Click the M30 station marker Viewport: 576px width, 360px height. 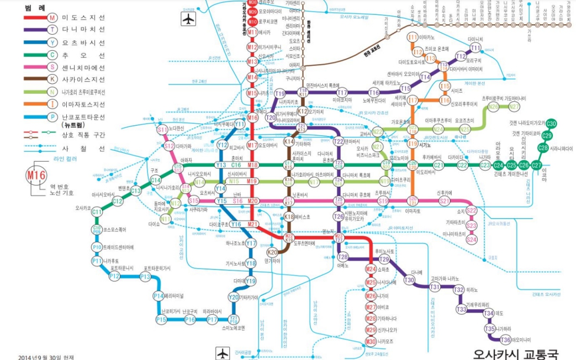click(371, 341)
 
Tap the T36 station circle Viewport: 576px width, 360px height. click(505, 340)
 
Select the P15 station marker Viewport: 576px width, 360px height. click(161, 320)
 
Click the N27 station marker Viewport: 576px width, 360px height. click(514, 107)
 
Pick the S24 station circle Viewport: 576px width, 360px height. click(471, 240)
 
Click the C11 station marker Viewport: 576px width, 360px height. click(97, 212)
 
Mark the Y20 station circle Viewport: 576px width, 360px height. click(233, 298)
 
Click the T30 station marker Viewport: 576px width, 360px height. click(409, 280)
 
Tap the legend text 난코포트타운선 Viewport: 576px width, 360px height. click(83, 117)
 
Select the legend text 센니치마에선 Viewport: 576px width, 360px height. click(83, 67)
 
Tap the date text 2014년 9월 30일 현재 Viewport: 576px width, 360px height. click(46, 357)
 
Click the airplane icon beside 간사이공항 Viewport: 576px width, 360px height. click(223, 352)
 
